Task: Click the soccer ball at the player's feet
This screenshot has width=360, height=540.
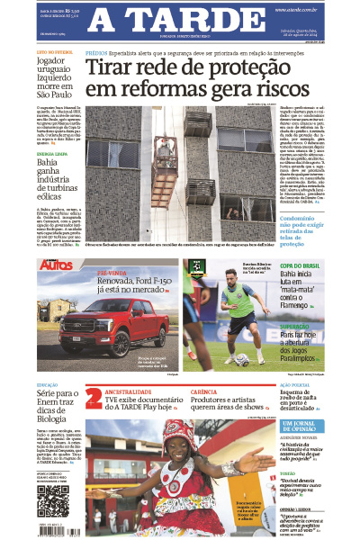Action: click(242, 360)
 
